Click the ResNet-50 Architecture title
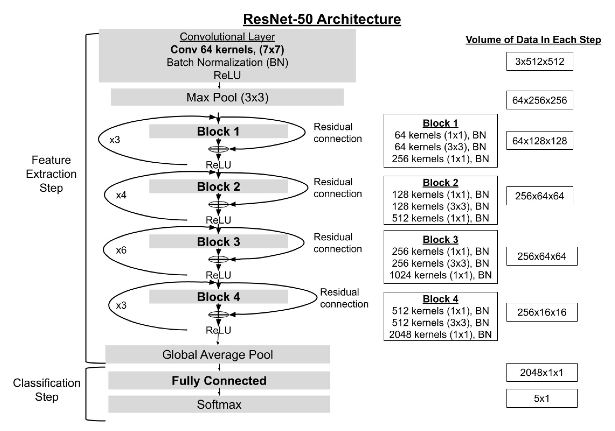point(322,19)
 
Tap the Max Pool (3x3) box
point(227,97)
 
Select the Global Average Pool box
point(217,354)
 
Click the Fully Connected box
point(219,380)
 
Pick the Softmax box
point(219,404)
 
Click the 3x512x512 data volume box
point(539,62)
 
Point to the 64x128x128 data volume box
point(539,141)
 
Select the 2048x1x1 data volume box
point(542,372)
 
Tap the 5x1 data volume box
point(542,398)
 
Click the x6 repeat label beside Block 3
point(121,250)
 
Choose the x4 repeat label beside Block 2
point(121,195)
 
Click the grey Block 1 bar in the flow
point(218,132)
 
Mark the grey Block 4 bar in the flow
point(218,297)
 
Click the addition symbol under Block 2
point(219,204)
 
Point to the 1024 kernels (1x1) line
point(440,275)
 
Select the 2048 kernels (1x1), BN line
point(440,334)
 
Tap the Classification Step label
point(46,390)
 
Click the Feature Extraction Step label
point(51,174)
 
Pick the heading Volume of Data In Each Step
point(533,40)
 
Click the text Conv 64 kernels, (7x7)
point(227,50)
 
